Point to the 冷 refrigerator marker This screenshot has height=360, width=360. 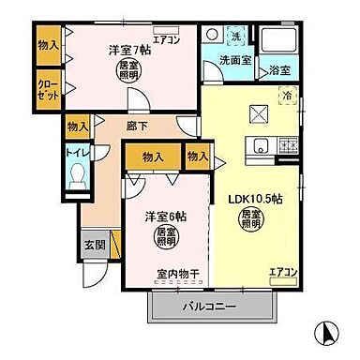pos(288,95)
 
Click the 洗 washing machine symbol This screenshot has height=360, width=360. pos(235,37)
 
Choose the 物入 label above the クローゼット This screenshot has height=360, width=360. pos(49,45)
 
